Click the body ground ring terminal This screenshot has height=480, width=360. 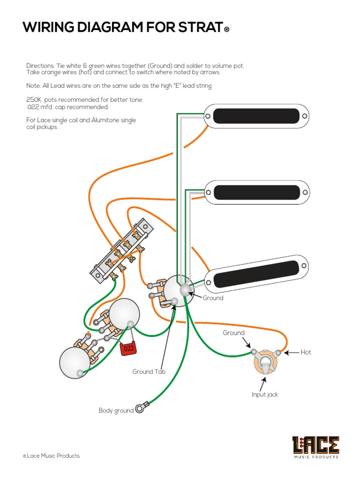(x=140, y=409)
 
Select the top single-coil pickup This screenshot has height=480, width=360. (x=257, y=115)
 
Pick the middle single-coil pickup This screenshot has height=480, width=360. (x=257, y=192)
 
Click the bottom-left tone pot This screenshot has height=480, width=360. (x=75, y=362)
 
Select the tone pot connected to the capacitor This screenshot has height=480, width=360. (x=125, y=315)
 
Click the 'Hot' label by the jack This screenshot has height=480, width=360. (x=306, y=352)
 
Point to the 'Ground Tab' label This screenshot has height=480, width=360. (x=149, y=372)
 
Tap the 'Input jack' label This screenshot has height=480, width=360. (x=264, y=395)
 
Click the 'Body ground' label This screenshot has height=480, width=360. (x=116, y=411)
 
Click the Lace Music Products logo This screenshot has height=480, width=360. (x=315, y=447)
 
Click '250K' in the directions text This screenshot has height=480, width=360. (x=34, y=100)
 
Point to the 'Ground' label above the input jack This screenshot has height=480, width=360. (x=233, y=333)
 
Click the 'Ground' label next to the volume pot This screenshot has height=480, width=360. (x=213, y=298)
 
